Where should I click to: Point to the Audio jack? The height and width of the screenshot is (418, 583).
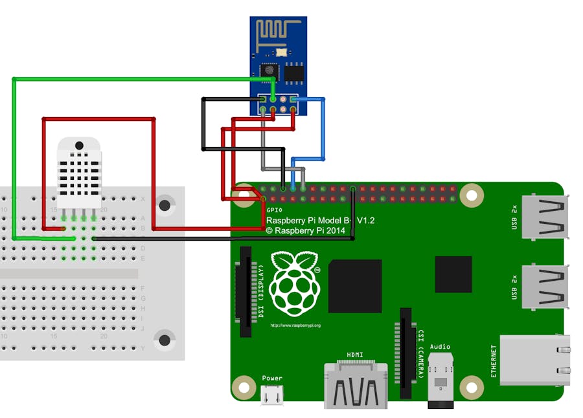(x=440, y=379)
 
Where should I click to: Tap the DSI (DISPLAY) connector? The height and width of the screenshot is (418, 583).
(x=246, y=291)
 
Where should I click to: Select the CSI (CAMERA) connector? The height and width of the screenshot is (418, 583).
(x=406, y=353)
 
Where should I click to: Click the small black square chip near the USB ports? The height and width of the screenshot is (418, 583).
(x=453, y=274)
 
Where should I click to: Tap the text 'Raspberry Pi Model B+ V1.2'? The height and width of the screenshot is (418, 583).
(x=320, y=221)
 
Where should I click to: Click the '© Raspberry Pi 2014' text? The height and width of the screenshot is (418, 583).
(x=308, y=230)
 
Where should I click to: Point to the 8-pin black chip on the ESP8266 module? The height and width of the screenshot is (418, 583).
(x=295, y=72)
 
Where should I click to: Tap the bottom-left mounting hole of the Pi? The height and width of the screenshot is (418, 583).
(x=244, y=386)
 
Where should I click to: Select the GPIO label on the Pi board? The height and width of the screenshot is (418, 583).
(x=274, y=211)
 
